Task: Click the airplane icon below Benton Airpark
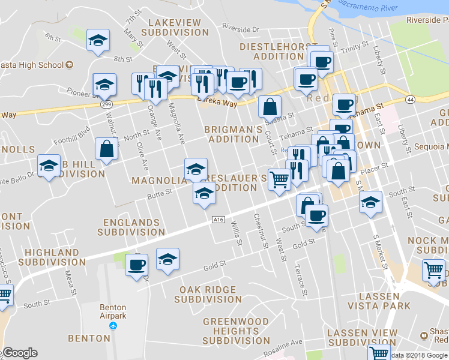(112, 325)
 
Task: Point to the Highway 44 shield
(410, 98)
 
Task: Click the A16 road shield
(218, 220)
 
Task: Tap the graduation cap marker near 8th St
(98, 41)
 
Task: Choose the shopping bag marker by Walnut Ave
(106, 150)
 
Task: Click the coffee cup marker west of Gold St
(137, 265)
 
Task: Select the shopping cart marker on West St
(279, 179)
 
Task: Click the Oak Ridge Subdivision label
(210, 294)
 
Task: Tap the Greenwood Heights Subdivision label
(231, 331)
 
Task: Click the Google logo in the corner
(20, 353)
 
